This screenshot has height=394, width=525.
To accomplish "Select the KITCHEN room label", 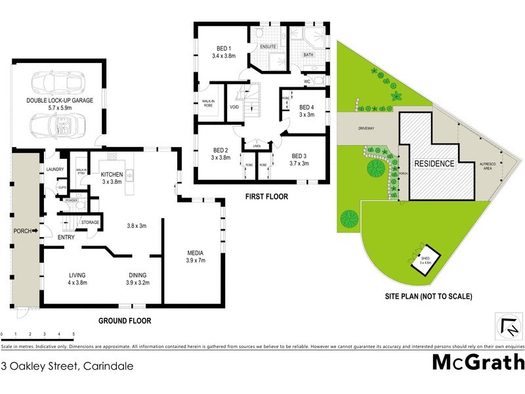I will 112,174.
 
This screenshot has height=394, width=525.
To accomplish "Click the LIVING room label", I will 77,275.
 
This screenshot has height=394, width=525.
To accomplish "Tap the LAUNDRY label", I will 55,170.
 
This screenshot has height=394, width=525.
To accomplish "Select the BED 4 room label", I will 306,107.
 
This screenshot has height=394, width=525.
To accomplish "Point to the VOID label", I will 234,107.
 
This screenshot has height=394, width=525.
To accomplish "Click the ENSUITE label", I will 268,47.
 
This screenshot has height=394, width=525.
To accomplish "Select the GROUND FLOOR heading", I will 125,321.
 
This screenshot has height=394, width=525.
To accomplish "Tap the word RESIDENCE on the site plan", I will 434,163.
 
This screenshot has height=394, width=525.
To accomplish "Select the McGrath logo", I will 478,362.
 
